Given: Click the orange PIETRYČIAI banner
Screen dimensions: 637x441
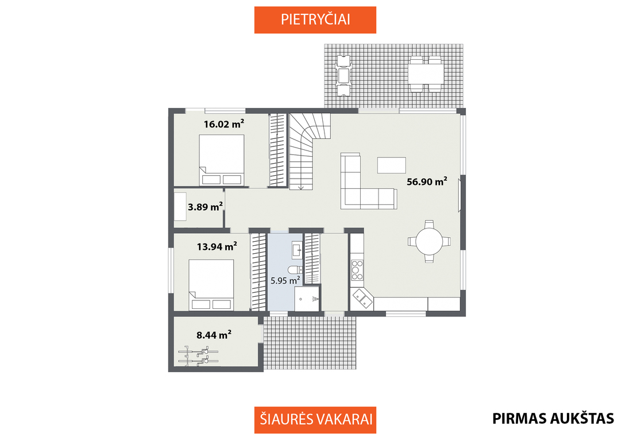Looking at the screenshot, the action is click(x=315, y=20).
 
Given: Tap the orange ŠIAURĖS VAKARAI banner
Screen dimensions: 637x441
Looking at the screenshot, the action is click(x=315, y=420).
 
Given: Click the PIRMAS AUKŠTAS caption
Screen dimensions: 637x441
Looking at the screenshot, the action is click(x=553, y=419).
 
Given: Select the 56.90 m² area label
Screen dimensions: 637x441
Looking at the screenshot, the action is click(x=427, y=181).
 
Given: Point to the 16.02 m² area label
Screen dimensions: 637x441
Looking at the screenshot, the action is click(x=224, y=123).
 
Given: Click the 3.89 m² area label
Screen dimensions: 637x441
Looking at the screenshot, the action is click(x=205, y=207).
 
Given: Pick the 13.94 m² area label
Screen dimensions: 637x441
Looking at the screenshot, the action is click(x=217, y=246).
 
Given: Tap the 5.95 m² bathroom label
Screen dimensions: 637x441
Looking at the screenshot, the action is click(x=285, y=280).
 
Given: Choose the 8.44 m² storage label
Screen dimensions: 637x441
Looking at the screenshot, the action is click(x=214, y=335).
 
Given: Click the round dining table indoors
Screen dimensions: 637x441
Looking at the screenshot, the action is click(x=429, y=241).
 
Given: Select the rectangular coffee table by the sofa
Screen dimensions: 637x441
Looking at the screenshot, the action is click(x=391, y=165).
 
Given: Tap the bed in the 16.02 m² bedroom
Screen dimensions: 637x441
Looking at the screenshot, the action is click(x=221, y=160).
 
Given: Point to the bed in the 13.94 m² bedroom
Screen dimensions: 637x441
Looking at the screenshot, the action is click(x=211, y=285).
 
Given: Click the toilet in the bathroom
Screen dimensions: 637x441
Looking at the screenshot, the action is click(x=295, y=270).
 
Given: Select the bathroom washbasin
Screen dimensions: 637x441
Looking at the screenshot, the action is click(x=297, y=250).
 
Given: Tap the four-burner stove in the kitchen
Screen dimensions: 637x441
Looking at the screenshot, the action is click(x=357, y=270).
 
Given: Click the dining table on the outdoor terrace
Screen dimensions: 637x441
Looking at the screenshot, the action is click(x=426, y=74).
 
